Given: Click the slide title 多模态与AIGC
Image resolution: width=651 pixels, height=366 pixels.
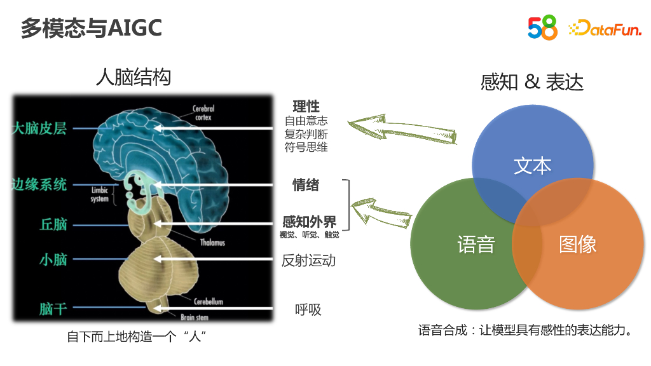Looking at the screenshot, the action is pos(92,28).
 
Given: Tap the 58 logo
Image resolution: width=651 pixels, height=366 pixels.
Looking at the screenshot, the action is pos(542,28).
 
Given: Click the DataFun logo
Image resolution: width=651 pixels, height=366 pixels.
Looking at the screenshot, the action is pos(605,29).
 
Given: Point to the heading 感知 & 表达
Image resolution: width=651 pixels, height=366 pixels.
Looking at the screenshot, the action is pos(532,82).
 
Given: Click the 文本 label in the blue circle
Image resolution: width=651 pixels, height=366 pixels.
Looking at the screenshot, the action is pos(532,166).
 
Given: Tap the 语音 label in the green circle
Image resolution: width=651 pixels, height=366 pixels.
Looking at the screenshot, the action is pos(476,245).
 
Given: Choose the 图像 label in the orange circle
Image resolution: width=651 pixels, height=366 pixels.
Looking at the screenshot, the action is pos(577,245).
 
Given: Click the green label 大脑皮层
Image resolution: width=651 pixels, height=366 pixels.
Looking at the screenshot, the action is pos(39,128).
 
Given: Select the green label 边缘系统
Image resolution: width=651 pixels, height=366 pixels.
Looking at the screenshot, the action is pos(39,185).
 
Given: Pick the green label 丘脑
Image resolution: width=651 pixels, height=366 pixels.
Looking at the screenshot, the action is pos(53,224).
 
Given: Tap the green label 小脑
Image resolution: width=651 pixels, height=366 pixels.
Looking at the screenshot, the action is pos(53,259).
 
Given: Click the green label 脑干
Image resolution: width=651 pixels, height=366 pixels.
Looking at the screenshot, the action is pos(53,309).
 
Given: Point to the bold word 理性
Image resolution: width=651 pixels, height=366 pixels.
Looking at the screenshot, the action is pos(306,107).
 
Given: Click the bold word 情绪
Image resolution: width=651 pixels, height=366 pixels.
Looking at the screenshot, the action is pos(306,186).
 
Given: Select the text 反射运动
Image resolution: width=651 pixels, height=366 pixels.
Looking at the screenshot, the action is pos(308,261).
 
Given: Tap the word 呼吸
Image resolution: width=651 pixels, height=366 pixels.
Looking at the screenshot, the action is pos(308,310).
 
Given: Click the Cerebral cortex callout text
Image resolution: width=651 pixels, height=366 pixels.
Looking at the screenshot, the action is pos(203,113).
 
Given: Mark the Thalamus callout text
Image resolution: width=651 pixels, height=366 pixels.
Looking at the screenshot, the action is pos(212,243).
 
